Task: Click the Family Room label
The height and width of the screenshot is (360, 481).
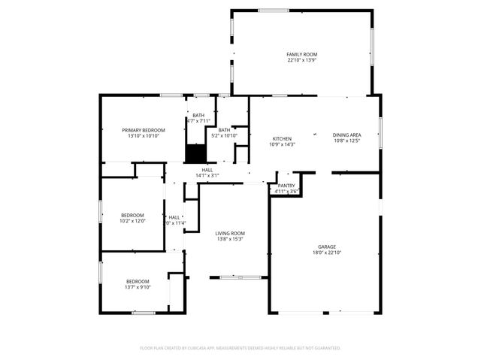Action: (302, 55)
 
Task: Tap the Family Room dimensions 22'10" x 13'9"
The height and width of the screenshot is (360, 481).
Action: (302, 60)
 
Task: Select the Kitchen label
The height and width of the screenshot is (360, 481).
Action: (282, 138)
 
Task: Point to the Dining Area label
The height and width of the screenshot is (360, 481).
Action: (346, 135)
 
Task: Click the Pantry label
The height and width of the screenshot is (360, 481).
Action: (286, 186)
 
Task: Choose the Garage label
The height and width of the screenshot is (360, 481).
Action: (326, 247)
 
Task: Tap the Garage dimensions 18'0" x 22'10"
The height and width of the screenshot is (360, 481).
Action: (326, 253)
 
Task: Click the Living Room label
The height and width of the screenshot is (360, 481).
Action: (231, 233)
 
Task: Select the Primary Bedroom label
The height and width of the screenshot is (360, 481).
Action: (144, 130)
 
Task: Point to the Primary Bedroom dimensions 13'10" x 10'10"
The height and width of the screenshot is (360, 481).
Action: (144, 136)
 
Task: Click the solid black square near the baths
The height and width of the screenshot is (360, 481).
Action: (195, 153)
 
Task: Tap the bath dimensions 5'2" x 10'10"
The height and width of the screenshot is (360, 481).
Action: (225, 135)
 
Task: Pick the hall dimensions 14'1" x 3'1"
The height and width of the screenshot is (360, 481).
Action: (207, 175)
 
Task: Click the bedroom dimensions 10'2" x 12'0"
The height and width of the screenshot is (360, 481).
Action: (132, 221)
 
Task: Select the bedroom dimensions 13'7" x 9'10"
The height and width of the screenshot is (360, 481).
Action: (138, 286)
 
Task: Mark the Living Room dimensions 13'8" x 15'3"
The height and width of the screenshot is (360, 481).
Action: (231, 239)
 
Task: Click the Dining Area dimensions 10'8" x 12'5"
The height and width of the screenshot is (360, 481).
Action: (346, 141)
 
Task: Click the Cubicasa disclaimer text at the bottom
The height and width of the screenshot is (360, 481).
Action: (240, 348)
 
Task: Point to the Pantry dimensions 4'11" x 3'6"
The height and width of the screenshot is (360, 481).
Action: (286, 191)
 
